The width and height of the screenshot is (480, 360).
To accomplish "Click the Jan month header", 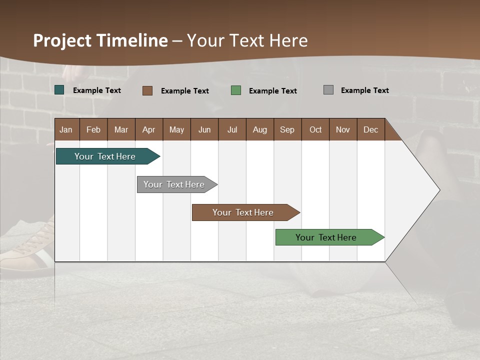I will [66, 129].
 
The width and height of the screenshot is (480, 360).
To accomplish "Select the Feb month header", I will [93, 129].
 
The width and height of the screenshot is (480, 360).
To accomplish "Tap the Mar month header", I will [121, 129].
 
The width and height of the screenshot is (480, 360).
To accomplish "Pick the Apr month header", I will [149, 129].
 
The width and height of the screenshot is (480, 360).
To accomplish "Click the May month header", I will [176, 129].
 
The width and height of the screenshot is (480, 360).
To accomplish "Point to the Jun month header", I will [204, 129].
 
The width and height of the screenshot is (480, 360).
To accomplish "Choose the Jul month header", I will [232, 129].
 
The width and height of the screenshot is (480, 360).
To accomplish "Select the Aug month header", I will [260, 129].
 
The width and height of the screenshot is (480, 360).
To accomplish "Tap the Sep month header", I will [287, 129].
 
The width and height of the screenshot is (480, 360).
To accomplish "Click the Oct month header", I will [315, 129].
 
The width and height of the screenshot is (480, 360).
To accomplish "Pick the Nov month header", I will [343, 129].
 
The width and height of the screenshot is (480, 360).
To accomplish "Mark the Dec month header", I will [371, 129].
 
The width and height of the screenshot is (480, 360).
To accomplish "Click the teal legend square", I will [59, 90].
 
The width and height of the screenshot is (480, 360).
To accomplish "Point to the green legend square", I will [236, 90].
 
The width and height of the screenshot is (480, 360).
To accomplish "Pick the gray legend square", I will [328, 90].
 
